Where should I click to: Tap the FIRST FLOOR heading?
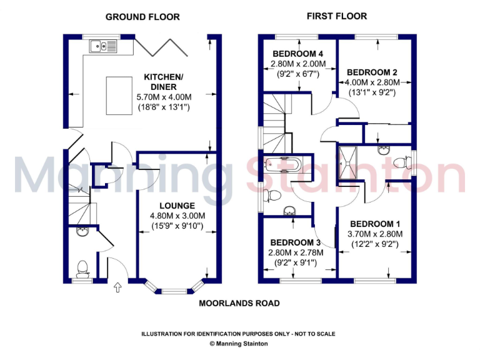[x=336, y=16]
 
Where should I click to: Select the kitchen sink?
[x=100, y=46]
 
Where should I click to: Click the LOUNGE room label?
[x=177, y=206]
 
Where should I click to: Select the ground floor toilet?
[x=82, y=269]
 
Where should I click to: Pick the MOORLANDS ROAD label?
[x=239, y=303]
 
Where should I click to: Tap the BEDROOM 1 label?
[x=375, y=224]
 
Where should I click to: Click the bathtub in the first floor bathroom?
[x=282, y=165]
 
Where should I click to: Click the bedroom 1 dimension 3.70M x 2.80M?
[x=375, y=234]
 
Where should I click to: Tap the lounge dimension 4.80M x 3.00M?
[x=177, y=216]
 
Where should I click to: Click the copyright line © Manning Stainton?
[x=240, y=344]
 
